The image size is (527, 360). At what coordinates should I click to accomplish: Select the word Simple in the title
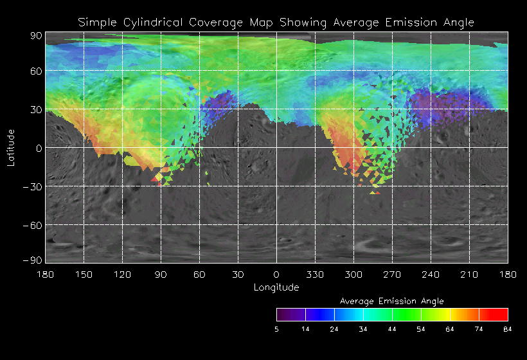pos(95,22)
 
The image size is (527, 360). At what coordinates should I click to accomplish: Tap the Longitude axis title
pos(276,287)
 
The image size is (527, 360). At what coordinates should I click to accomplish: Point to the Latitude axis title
pos(11,147)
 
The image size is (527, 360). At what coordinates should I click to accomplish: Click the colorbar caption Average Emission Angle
pos(391,301)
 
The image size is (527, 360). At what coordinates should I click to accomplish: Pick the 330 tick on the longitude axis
pos(315,274)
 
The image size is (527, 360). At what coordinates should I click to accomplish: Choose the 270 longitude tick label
pos(392,274)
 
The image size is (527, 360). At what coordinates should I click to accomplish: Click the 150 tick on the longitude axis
pos(84,274)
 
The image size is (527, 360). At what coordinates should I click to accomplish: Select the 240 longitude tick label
pos(431,274)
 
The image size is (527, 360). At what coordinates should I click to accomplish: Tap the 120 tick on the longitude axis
pos(122,274)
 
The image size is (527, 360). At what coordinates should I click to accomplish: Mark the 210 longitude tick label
pos(469,274)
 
